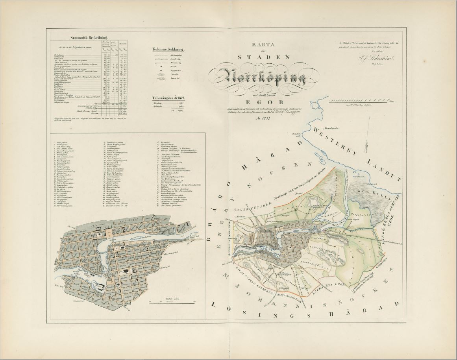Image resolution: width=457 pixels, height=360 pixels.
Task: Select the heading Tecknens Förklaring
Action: [169, 50]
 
